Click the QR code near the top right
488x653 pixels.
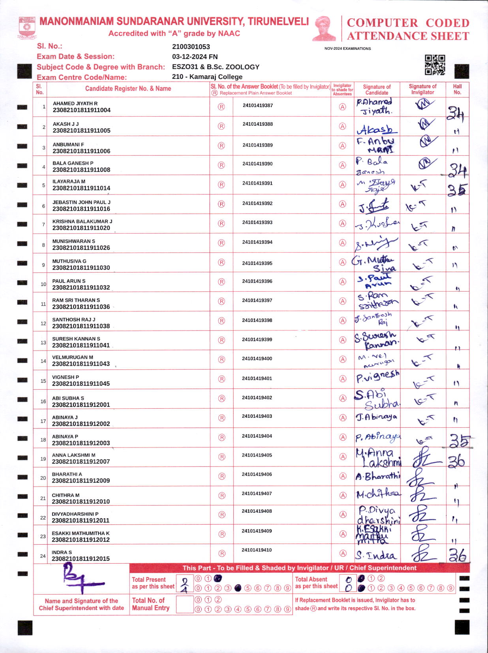[x=435, y=65]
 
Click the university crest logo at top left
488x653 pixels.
[x=27, y=27]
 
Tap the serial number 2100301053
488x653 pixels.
[x=191, y=47]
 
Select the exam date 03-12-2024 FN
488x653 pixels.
[x=195, y=57]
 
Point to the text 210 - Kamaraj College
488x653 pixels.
[x=207, y=77]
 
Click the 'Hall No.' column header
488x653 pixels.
[x=457, y=89]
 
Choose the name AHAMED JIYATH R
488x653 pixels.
[x=75, y=104]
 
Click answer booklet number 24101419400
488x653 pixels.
[x=257, y=359]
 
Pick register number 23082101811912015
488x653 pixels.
[x=81, y=559]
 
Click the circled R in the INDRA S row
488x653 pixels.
[x=222, y=553]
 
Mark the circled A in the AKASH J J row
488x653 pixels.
[x=343, y=126]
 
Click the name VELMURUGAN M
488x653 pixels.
[x=73, y=357]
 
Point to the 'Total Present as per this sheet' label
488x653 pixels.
[x=153, y=583]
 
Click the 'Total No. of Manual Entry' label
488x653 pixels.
[x=150, y=604]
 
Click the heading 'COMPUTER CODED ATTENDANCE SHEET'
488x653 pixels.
[x=408, y=29]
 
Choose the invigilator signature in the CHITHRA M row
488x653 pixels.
[x=422, y=494]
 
